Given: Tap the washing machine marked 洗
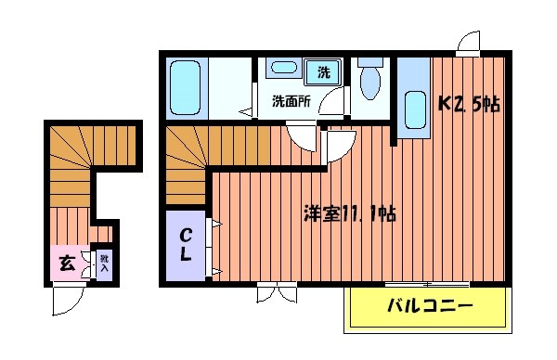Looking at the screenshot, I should [324, 71].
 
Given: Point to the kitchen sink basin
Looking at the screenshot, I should [413, 112].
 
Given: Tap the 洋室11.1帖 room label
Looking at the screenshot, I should [351, 214].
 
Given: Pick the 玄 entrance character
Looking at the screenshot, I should [67, 262].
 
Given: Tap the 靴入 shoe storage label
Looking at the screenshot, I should [104, 264].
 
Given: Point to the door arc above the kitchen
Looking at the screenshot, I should [468, 42].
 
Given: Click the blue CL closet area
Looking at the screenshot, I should [188, 246].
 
